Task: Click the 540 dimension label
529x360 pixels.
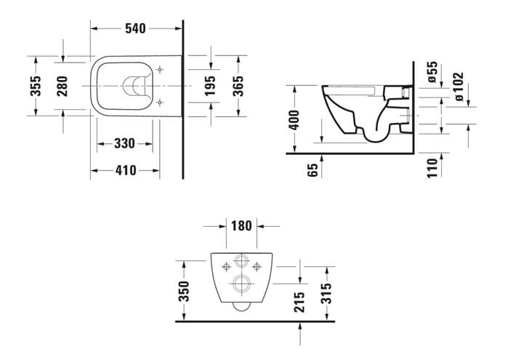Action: [x=135, y=28]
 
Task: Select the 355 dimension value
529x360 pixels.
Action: [x=36, y=86]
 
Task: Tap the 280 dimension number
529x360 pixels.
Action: [x=62, y=86]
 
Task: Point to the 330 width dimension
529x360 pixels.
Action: [x=124, y=143]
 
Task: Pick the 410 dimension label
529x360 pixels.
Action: [x=126, y=170]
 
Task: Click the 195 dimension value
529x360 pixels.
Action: [x=210, y=86]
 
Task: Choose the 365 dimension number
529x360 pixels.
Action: [x=238, y=86]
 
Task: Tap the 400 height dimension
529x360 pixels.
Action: [x=294, y=120]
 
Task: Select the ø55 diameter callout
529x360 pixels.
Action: [x=432, y=72]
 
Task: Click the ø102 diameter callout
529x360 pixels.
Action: [x=459, y=87]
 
